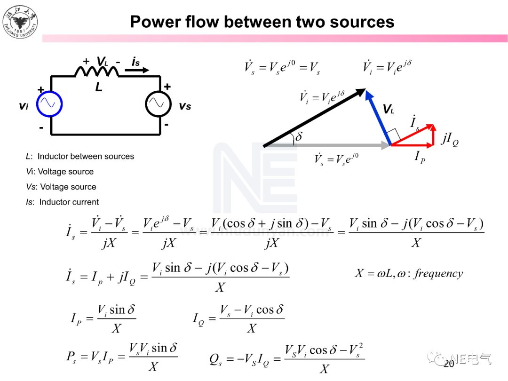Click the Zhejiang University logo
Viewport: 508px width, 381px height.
tap(21, 21)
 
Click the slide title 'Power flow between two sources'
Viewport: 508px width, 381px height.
tap(262, 22)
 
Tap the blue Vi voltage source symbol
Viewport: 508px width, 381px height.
tap(49, 104)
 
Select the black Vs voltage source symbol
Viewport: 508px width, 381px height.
tap(158, 104)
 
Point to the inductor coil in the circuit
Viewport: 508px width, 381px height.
tap(96, 71)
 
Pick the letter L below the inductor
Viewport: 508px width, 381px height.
tap(99, 87)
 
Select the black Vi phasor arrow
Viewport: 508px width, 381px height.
tap(314, 118)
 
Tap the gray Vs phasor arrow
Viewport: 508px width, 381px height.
tap(329, 146)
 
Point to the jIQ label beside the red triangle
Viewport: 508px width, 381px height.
tap(449, 139)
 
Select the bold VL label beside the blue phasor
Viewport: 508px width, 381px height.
tap(389, 110)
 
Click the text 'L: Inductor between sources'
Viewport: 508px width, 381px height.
tap(80, 157)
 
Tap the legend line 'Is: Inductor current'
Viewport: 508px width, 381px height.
tap(63, 202)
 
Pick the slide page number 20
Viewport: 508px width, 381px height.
tap(449, 364)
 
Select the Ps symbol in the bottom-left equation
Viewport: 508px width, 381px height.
tap(71, 356)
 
